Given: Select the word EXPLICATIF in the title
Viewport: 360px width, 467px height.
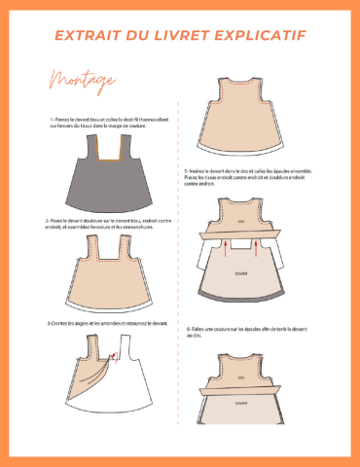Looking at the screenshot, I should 258,36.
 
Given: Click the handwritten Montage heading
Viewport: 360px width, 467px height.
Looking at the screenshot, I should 73,79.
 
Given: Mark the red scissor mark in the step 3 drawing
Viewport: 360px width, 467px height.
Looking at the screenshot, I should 114,357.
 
